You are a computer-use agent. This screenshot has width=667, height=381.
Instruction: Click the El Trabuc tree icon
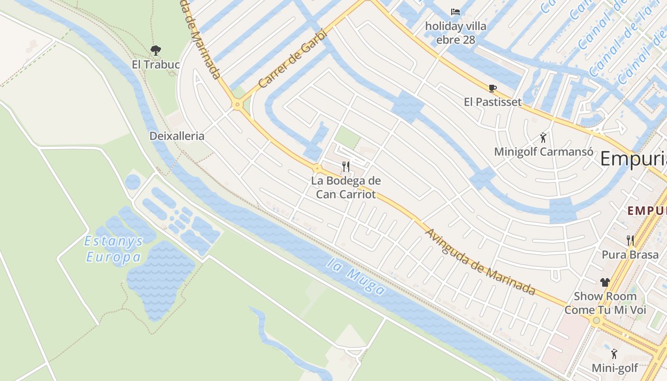(x=155, y=50)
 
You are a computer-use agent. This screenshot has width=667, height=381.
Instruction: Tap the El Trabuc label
(x=156, y=64)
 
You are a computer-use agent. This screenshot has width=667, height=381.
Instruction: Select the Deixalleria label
(x=177, y=136)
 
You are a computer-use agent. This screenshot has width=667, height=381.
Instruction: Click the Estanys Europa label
(x=114, y=249)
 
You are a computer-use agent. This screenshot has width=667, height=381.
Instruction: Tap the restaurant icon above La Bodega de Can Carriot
(x=346, y=167)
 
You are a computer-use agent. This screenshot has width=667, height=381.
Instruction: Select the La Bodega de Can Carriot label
(x=346, y=187)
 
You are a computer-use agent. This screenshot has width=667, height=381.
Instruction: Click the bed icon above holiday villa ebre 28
(x=455, y=12)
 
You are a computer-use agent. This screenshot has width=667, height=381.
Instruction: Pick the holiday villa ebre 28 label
(x=455, y=32)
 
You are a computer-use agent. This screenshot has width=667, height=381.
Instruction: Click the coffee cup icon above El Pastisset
(x=493, y=88)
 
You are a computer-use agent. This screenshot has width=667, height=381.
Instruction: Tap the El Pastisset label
(x=493, y=102)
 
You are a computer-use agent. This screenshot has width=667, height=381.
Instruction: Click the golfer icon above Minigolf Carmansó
(x=543, y=138)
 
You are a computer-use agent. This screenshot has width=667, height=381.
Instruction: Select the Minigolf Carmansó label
(x=544, y=152)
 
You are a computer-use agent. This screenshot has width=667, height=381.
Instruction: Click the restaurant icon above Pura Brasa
(x=630, y=241)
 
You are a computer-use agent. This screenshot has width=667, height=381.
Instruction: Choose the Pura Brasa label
(x=630, y=255)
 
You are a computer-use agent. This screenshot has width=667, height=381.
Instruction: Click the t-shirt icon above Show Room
(x=605, y=282)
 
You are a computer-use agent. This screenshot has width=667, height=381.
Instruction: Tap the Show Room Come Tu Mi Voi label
(x=605, y=303)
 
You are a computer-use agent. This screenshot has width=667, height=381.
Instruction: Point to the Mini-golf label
(x=615, y=368)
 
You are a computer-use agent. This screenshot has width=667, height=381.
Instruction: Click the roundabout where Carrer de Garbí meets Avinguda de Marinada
(x=237, y=104)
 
